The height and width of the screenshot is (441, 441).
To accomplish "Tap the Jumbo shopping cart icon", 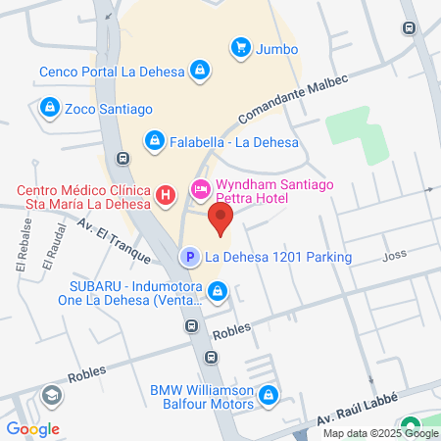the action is point(240,47).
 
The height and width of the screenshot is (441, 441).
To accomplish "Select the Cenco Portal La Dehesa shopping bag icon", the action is point(200,71).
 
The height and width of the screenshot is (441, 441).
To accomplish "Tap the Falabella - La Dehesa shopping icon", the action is point(154,141).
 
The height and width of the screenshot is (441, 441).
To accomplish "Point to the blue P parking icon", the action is point(187,258).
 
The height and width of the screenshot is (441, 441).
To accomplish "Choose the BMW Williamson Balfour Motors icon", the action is point(269,397).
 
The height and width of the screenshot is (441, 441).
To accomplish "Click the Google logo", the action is point(32,428).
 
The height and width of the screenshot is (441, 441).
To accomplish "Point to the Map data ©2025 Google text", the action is point(381,433).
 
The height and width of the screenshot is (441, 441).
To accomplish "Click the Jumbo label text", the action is point(278,48).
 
